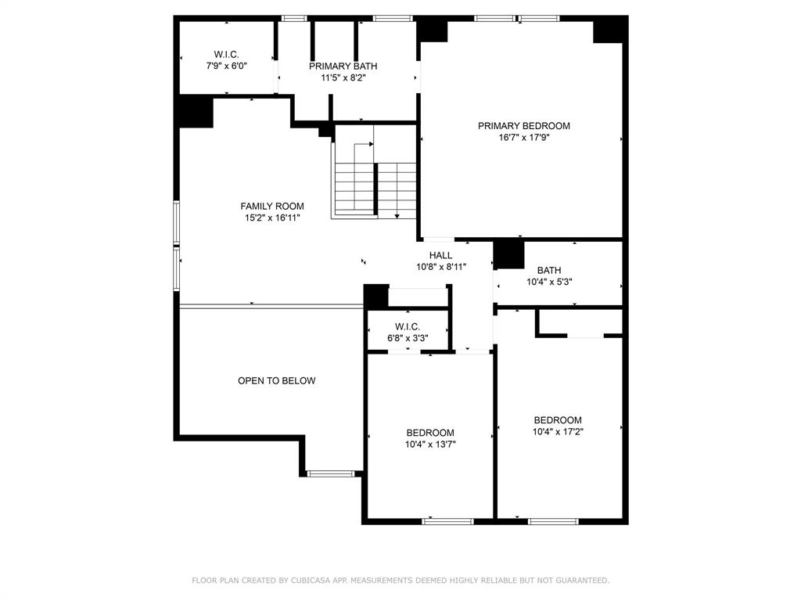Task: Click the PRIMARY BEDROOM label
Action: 523,126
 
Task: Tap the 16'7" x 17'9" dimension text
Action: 523,138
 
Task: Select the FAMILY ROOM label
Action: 271,207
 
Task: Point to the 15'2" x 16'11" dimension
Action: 271,218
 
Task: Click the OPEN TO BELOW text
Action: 276,381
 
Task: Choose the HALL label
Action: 440,255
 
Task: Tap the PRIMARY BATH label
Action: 343,67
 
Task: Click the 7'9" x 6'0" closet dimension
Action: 226,66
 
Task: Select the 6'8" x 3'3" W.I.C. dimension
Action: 407,338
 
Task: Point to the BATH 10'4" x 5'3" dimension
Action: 549,282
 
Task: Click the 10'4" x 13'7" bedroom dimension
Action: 430,444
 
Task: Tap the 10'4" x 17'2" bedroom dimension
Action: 557,432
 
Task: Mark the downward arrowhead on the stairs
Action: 397,216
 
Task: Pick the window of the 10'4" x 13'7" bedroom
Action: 448,521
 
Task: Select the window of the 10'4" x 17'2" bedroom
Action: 553,521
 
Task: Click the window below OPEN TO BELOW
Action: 331,473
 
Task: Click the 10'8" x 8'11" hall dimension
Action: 441,267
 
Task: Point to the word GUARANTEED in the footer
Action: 582,581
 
